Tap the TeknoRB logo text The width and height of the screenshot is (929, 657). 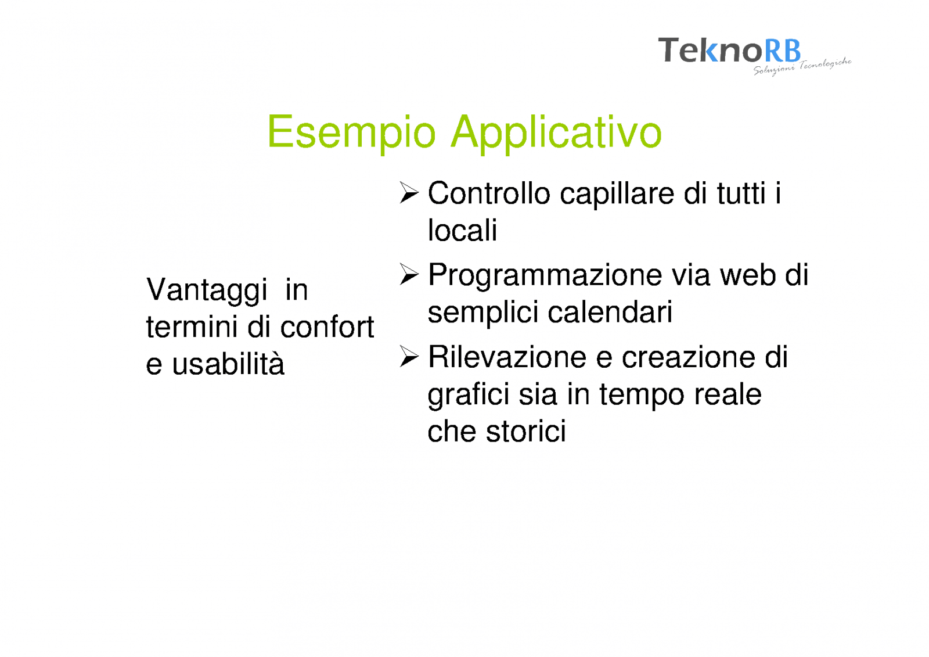pyautogui.click(x=729, y=50)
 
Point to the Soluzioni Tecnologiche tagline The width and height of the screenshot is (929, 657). pyautogui.click(x=802, y=67)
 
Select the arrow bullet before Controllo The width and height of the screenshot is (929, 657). pyautogui.click(x=409, y=193)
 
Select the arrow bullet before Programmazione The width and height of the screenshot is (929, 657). pyautogui.click(x=409, y=274)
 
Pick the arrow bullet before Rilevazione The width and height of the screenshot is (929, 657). pyautogui.click(x=409, y=357)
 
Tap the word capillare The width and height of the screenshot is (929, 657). pyautogui.click(x=617, y=195)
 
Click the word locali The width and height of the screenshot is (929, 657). pyautogui.click(x=462, y=230)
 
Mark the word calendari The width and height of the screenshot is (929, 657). pyautogui.click(x=610, y=312)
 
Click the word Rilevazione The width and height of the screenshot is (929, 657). pyautogui.click(x=507, y=357)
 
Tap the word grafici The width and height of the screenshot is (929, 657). pyautogui.click(x=468, y=395)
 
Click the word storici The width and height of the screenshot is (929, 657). pyautogui.click(x=525, y=432)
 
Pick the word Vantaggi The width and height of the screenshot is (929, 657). pyautogui.click(x=207, y=290)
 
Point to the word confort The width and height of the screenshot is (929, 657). pyautogui.click(x=327, y=326)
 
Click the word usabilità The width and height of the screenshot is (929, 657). pyautogui.click(x=228, y=363)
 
